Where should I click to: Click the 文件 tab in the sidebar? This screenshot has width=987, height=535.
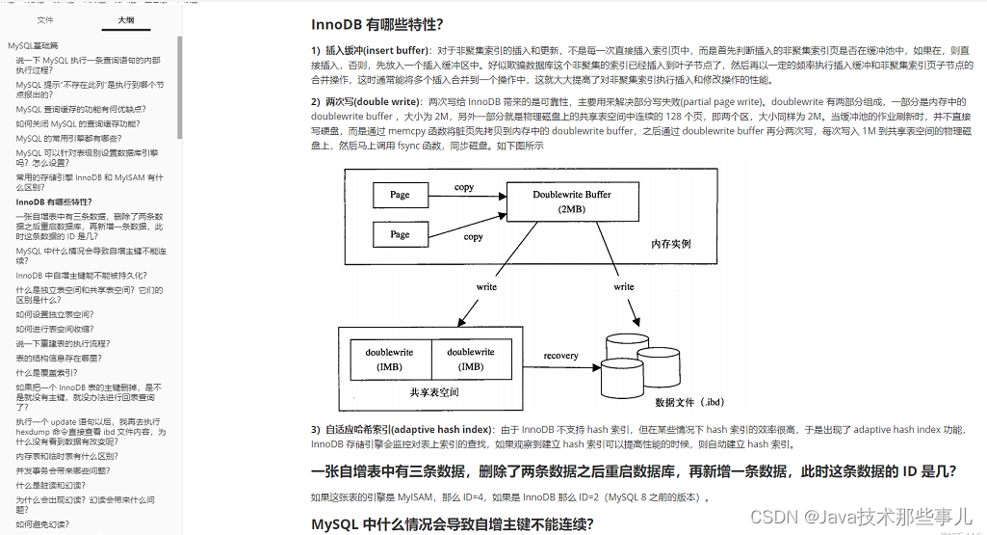coord(45,19)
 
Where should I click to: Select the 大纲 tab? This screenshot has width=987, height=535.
coord(125,19)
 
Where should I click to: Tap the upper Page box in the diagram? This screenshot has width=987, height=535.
coord(400,195)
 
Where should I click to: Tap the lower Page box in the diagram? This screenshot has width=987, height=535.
coord(400,234)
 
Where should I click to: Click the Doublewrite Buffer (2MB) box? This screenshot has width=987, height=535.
coord(572,201)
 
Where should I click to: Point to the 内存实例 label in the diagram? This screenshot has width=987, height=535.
coord(671,244)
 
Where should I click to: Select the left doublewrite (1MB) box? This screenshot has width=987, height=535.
coord(389,360)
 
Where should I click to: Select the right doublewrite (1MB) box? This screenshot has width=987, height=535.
coord(471,360)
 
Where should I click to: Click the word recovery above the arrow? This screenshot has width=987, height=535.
coord(560,356)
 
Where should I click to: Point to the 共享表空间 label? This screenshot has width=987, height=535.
coord(434,392)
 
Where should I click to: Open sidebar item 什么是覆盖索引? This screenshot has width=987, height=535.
coord(46,372)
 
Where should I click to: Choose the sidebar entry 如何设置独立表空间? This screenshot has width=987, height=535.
coord(54,314)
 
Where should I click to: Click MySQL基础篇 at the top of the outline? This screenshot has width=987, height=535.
coord(33,45)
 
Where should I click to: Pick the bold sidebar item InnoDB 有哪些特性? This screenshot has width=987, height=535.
coord(54,201)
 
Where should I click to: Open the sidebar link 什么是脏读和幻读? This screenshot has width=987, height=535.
coord(52,486)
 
